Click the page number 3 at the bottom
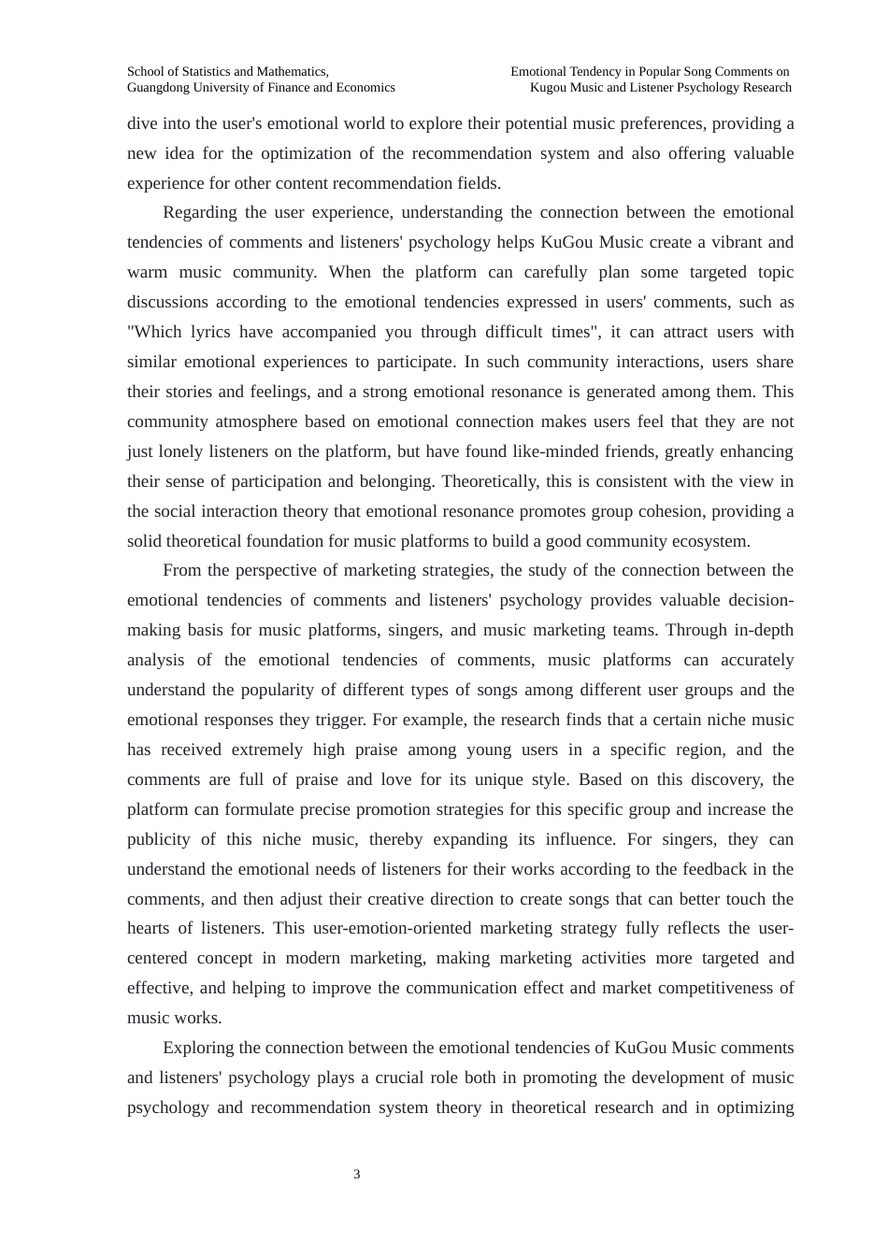(357, 1175)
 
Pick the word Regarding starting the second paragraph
(199, 212)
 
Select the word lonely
(180, 451)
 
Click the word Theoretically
(489, 481)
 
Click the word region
(695, 749)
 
